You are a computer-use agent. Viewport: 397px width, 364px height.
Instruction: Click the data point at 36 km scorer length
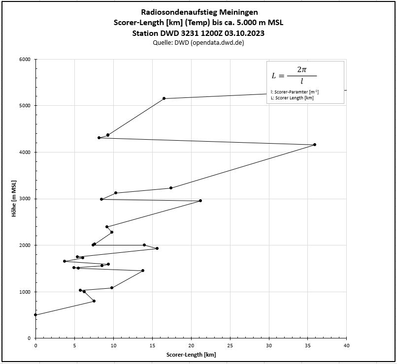315,145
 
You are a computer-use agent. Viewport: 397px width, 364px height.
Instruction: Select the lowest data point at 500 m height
35,315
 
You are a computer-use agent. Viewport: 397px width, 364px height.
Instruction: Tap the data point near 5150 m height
164,98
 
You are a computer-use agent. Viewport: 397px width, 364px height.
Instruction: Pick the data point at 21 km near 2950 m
200,201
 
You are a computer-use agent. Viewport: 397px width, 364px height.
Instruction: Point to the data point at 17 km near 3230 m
171,188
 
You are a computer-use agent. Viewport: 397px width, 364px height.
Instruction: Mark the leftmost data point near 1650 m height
65,261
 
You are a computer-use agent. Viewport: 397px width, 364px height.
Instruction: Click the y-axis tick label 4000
24,152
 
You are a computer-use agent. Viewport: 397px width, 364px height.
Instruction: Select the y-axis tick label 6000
24,60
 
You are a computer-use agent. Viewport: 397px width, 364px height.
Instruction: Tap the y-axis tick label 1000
24,292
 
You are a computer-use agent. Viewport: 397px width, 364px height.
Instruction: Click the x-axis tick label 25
230,346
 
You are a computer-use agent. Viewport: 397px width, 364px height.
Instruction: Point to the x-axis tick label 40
347,346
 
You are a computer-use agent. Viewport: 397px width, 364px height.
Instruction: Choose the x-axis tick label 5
74,346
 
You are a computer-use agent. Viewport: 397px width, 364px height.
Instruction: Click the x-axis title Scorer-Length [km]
191,355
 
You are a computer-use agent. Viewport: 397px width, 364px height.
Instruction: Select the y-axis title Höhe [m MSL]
15,199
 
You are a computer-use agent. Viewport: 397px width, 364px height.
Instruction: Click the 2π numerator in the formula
301,70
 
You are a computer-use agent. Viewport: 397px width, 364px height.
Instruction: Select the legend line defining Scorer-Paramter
295,91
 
